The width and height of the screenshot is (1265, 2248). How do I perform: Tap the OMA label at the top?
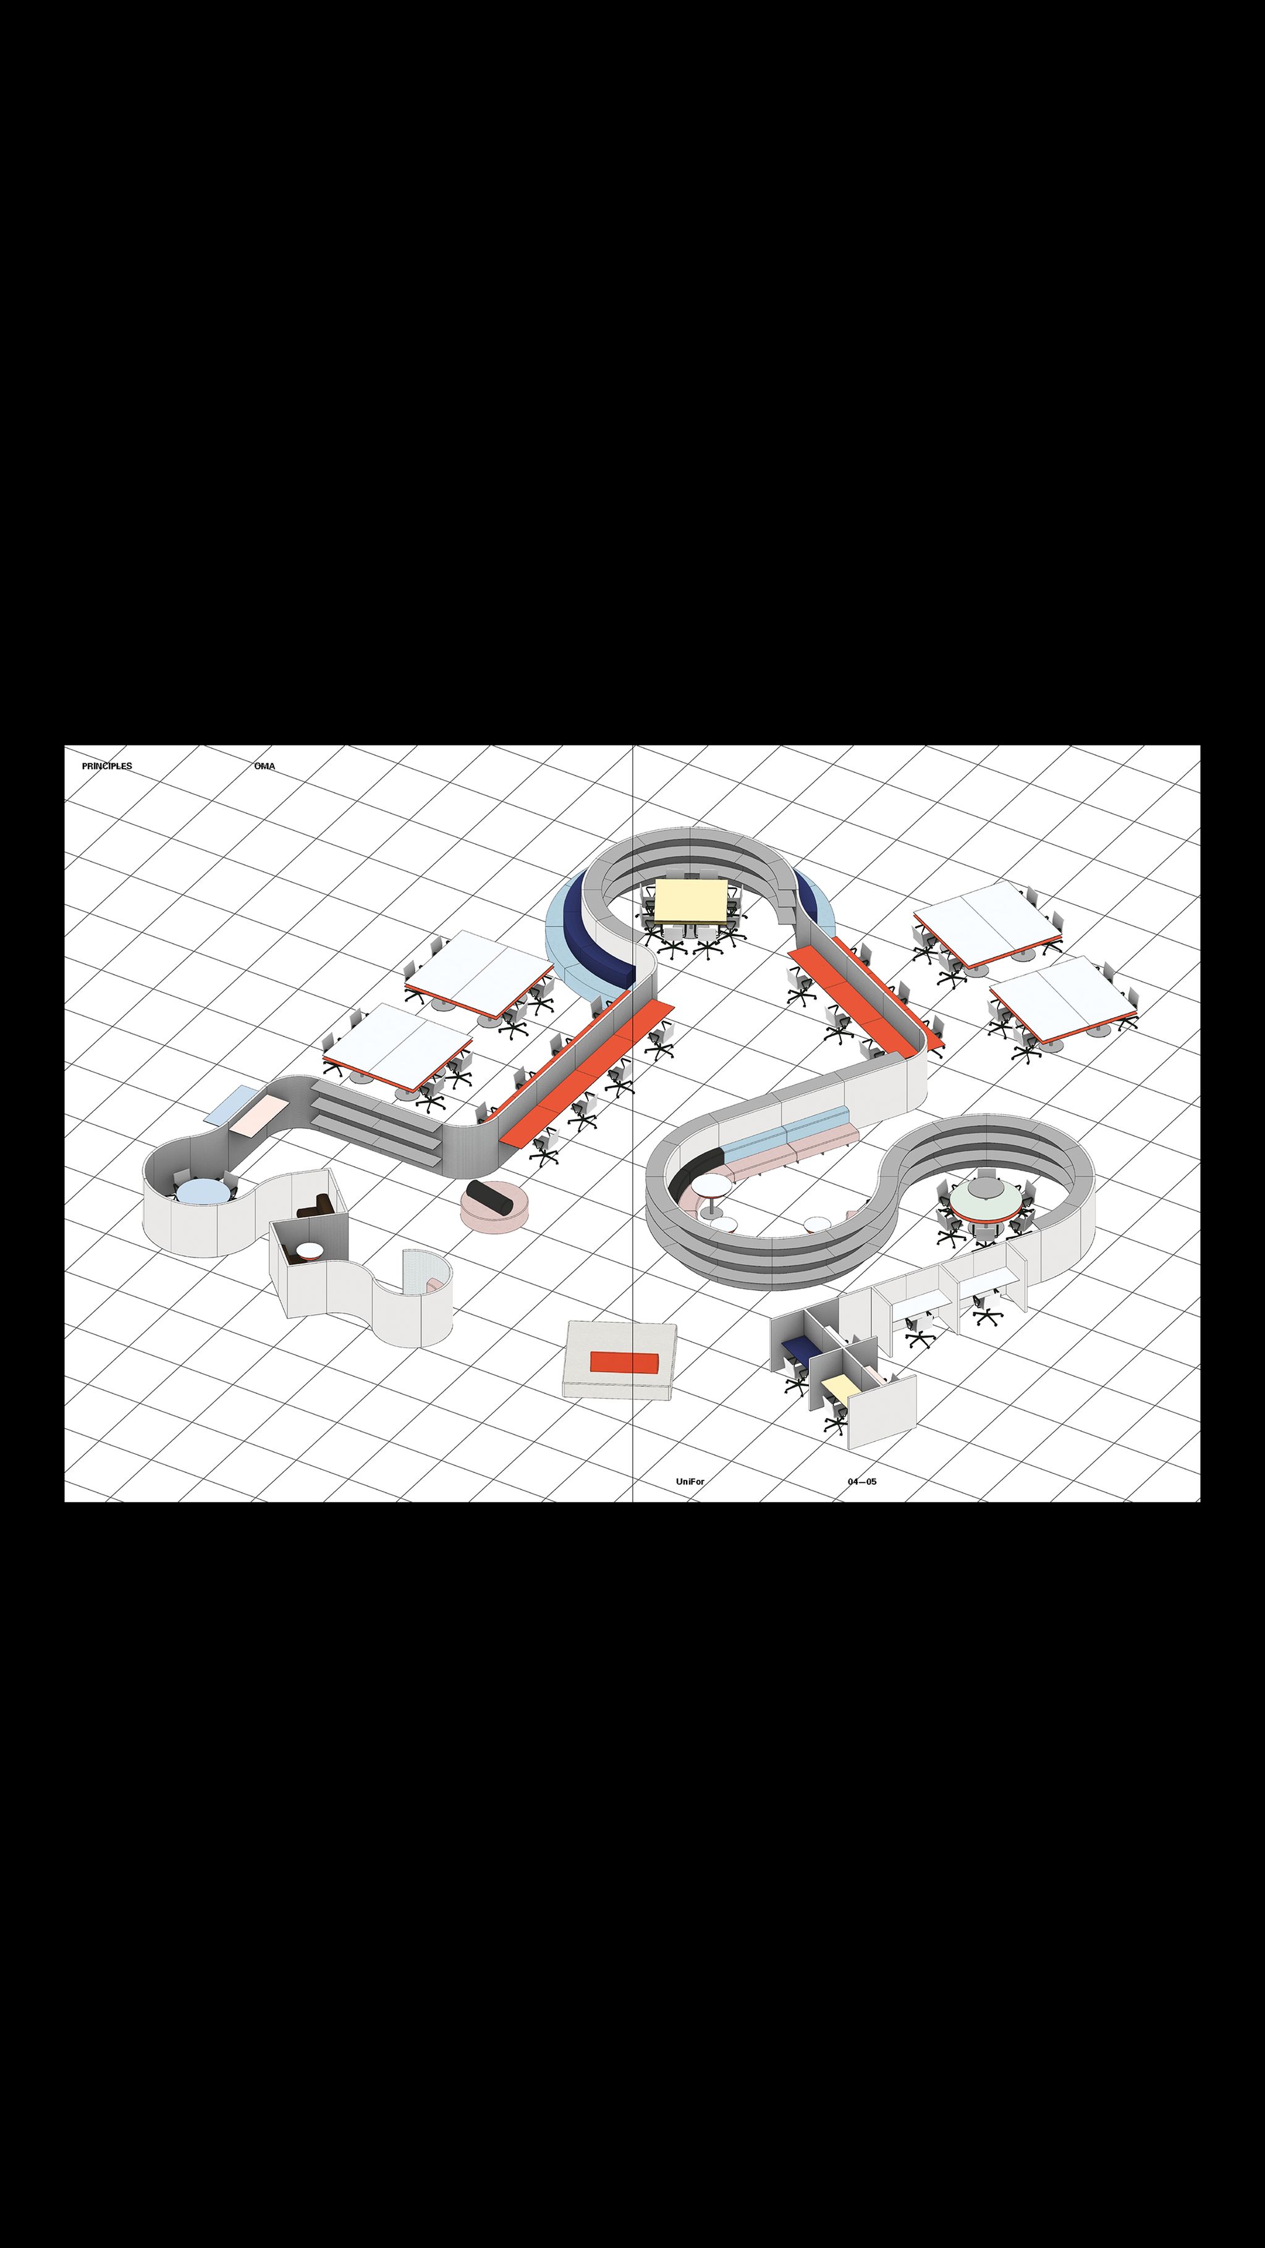tap(264, 766)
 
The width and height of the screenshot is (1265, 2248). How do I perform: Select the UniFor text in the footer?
tap(690, 1482)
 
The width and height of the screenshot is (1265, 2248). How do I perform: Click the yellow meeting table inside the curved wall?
tap(692, 900)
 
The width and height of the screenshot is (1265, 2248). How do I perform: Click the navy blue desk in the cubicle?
tap(799, 1348)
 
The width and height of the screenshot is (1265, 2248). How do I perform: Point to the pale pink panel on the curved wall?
tap(260, 1116)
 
